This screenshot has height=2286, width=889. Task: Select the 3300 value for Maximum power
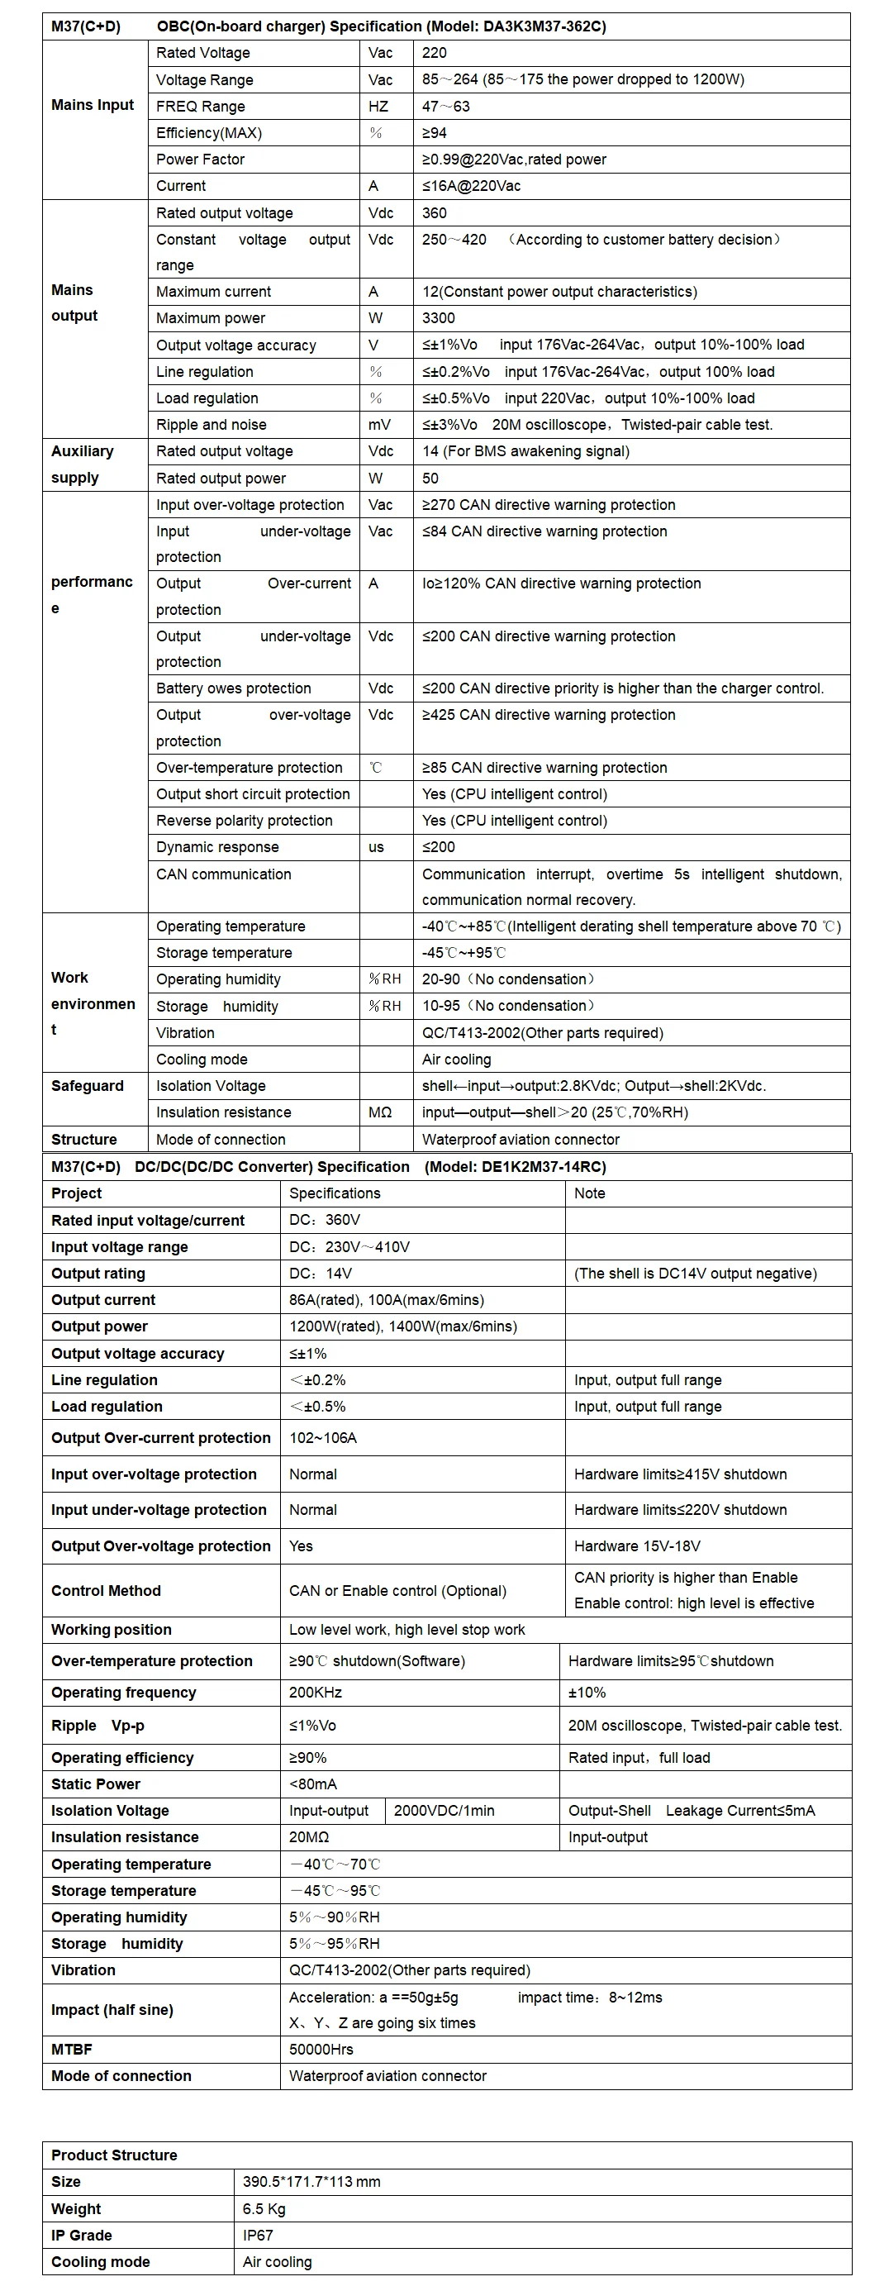click(x=438, y=317)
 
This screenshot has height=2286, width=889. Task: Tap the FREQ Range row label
click(x=201, y=107)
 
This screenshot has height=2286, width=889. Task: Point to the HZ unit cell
click(x=379, y=107)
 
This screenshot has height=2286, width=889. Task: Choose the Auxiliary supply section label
click(x=83, y=464)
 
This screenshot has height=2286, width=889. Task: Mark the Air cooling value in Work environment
click(x=456, y=1059)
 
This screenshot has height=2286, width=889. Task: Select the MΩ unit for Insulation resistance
click(x=380, y=1112)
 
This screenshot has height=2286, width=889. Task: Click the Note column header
click(x=589, y=1193)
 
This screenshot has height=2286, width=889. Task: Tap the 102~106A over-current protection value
click(x=323, y=1437)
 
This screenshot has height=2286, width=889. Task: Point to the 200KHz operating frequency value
click(x=315, y=1693)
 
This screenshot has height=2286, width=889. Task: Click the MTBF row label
click(x=72, y=2049)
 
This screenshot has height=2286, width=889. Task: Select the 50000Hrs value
click(x=321, y=2049)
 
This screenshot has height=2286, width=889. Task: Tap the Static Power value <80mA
click(x=312, y=1784)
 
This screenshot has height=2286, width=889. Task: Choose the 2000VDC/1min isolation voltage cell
click(x=444, y=1810)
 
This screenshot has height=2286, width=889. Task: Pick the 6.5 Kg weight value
click(x=264, y=2209)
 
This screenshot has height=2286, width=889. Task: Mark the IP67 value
click(x=258, y=2236)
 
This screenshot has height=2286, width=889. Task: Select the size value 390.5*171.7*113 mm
click(x=311, y=2181)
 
